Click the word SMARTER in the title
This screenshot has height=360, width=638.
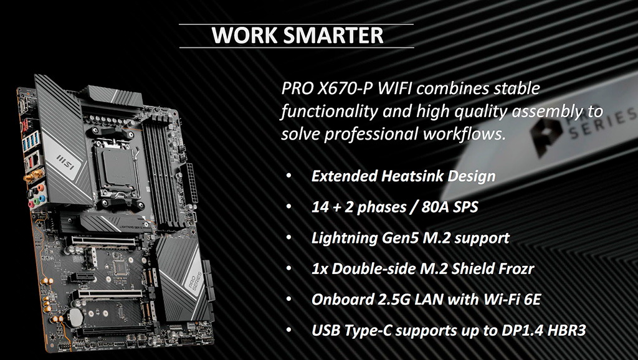[x=333, y=36]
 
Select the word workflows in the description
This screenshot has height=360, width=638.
[x=464, y=134]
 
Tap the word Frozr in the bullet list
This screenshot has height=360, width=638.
[x=513, y=269]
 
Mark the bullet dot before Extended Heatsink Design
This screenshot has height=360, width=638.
[x=288, y=176]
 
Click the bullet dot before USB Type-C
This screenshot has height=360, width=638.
[x=288, y=330]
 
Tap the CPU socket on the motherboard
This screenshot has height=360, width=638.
[x=116, y=167]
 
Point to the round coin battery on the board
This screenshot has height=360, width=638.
[x=75, y=316]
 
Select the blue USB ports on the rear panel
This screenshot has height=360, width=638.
[x=31, y=141]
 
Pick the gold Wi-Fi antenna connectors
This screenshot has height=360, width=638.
[x=30, y=176]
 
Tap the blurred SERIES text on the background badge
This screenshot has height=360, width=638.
[x=603, y=123]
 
